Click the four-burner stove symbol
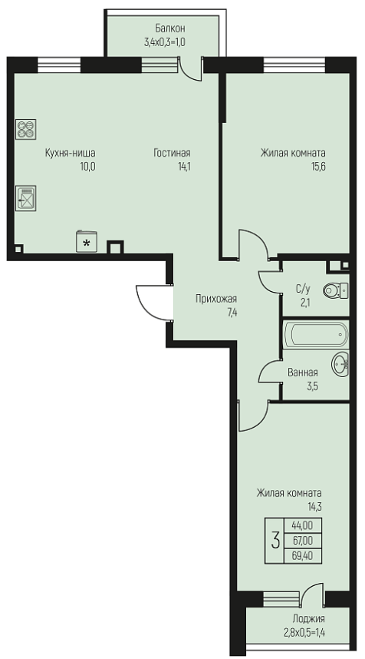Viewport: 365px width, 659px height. tap(25, 129)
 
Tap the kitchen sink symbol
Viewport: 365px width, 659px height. tap(25, 198)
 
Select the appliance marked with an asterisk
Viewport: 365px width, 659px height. tap(87, 241)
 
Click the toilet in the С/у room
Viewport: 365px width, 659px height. tap(335, 290)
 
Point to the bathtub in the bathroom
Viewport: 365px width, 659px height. tap(315, 335)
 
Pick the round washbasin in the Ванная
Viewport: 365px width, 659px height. tap(340, 364)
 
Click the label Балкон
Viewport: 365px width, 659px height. tap(170, 28)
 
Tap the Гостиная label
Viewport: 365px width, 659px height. tap(172, 153)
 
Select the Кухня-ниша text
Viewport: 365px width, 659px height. tap(70, 153)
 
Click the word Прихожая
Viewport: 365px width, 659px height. tap(216, 299)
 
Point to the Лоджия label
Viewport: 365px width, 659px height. tap(309, 618)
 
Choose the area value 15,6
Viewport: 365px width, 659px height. tap(317, 167)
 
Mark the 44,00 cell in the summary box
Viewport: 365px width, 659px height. tap(303, 525)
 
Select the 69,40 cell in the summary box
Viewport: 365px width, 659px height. tap(303, 556)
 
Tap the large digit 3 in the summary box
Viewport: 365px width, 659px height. tap(275, 541)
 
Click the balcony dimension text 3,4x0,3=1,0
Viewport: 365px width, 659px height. tap(164, 41)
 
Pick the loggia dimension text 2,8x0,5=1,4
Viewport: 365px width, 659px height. tap(304, 631)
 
